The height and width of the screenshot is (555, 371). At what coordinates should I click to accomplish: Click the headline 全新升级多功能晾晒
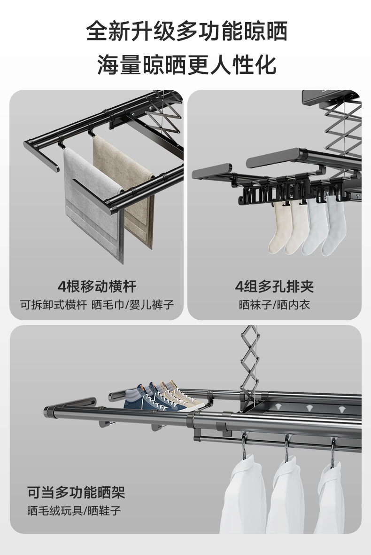point(186,32)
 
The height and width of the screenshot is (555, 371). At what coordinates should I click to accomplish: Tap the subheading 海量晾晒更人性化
point(186,64)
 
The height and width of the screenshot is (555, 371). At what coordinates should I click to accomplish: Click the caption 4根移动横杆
point(97,286)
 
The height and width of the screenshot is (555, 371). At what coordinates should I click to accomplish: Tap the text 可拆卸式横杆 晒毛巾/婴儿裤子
point(97,305)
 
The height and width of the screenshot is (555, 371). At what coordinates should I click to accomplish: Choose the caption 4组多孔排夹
point(274,286)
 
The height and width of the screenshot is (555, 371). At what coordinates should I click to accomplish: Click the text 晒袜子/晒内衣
point(274,305)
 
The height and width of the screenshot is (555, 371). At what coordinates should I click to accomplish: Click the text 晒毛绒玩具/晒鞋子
point(74,511)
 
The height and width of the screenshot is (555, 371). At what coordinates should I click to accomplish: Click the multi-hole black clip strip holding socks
point(277,193)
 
